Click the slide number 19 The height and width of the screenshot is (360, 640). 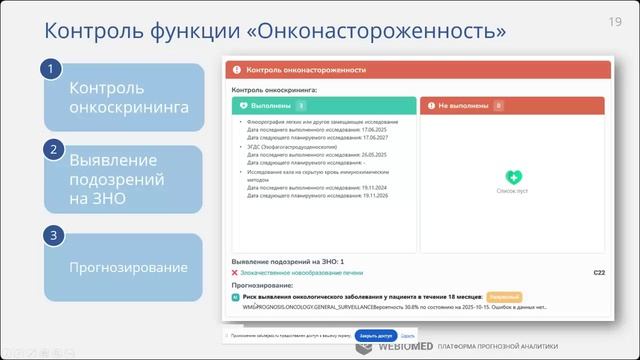[615, 21]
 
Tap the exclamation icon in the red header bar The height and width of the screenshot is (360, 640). [237, 71]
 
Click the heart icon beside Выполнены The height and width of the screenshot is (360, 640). [243, 105]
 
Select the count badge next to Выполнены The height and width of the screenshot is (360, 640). [301, 105]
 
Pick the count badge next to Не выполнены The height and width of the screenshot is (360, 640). [498, 105]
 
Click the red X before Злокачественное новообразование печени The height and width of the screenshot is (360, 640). [235, 272]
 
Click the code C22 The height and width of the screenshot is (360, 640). [599, 272]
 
